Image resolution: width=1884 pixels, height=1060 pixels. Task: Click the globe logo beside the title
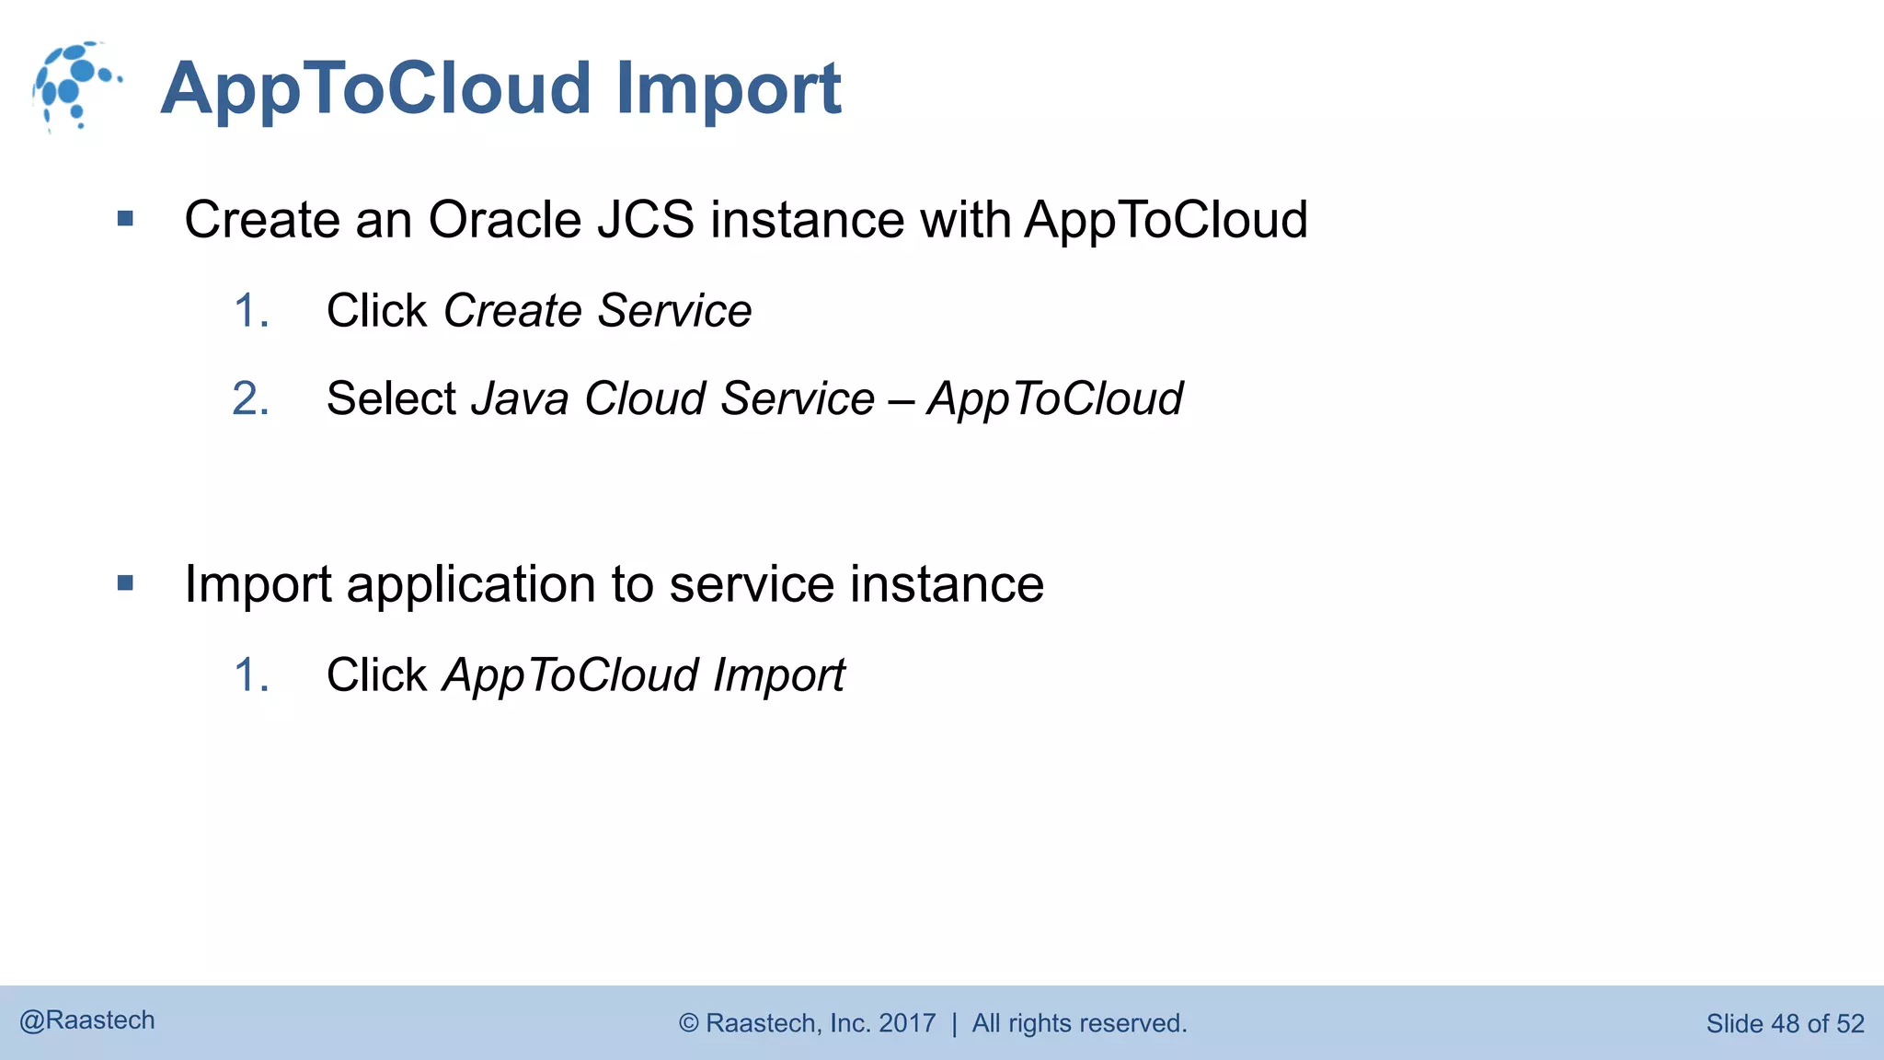pyautogui.click(x=75, y=86)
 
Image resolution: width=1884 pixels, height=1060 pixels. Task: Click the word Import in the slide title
pyautogui.click(x=728, y=89)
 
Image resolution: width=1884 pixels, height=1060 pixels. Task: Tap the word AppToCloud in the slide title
pyautogui.click(x=375, y=89)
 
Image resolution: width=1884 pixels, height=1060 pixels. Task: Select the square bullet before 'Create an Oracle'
pyautogui.click(x=126, y=219)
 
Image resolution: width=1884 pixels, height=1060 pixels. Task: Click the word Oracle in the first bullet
pyautogui.click(x=505, y=220)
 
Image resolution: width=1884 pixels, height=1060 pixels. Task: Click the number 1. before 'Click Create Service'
pyautogui.click(x=250, y=311)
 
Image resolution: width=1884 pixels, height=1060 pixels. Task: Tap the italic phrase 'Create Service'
pyautogui.click(x=597, y=311)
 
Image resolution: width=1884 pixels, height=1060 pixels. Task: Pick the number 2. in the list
pyautogui.click(x=250, y=399)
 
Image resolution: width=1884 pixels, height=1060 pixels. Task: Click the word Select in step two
pyautogui.click(x=391, y=399)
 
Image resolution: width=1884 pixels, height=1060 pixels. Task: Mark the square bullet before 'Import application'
pyautogui.click(x=126, y=583)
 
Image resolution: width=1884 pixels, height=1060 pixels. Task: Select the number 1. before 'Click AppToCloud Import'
pyautogui.click(x=250, y=675)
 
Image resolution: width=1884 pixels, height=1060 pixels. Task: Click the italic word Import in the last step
pyautogui.click(x=779, y=676)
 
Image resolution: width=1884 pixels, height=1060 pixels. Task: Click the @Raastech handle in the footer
pyautogui.click(x=87, y=1020)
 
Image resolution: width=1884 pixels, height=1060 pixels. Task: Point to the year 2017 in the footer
pyautogui.click(x=907, y=1023)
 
